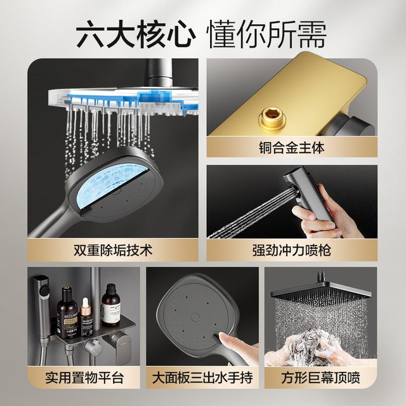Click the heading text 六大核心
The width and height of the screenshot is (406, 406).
pyautogui.click(x=136, y=35)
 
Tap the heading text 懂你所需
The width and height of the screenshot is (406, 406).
pyautogui.click(x=267, y=35)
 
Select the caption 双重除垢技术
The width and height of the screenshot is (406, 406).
pyautogui.click(x=113, y=251)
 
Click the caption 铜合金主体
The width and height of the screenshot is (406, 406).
pyautogui.click(x=292, y=148)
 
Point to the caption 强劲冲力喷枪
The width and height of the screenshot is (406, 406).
pyautogui.click(x=292, y=251)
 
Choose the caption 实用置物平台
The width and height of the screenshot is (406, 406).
pyautogui.click(x=84, y=378)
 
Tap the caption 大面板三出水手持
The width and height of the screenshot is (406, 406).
pyautogui.click(x=202, y=378)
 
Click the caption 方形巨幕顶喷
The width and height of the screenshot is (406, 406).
pyautogui.click(x=320, y=378)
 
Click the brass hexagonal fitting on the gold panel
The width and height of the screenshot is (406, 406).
pyautogui.click(x=272, y=119)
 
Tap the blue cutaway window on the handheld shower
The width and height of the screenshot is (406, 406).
pyautogui.click(x=112, y=186)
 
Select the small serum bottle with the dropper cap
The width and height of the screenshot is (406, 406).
pyautogui.click(x=86, y=317)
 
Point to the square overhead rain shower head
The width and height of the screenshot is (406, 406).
pyautogui.click(x=321, y=292)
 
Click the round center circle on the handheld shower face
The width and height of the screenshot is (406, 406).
pyautogui.click(x=195, y=317)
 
